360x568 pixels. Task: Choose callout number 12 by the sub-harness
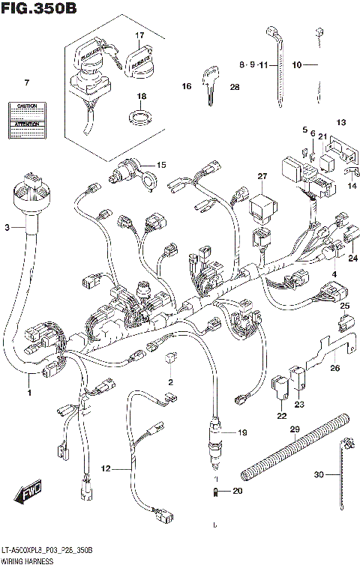point(106,468)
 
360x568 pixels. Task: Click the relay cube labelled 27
point(262,205)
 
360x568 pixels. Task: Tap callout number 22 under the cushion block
point(280,416)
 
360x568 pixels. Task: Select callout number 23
point(300,405)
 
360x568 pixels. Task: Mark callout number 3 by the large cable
point(7,226)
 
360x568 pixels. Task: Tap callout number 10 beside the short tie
point(296,66)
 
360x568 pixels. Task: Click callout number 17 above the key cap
point(139,35)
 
